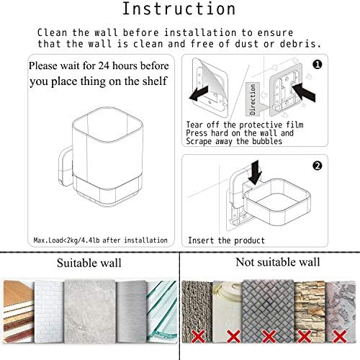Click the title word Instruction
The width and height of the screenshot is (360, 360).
(x=179, y=9)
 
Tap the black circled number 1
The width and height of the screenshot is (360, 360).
(x=318, y=65)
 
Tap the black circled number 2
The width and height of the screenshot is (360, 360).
(x=318, y=166)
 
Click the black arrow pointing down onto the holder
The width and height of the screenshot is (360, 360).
(x=255, y=173)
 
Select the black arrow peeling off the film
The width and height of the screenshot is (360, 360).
(x=199, y=94)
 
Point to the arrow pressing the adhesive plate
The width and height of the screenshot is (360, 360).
(x=303, y=93)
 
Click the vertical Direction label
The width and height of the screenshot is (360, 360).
(x=252, y=99)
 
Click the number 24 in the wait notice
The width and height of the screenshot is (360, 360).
(x=104, y=66)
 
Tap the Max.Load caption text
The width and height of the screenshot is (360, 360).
(x=101, y=240)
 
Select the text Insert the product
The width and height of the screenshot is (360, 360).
(x=226, y=240)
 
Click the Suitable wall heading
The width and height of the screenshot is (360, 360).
(x=89, y=263)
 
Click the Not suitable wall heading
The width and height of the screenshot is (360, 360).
(x=278, y=262)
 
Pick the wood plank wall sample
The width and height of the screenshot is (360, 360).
(x=19, y=311)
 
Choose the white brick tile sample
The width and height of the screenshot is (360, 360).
(x=49, y=312)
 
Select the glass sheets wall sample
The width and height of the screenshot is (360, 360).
(x=162, y=311)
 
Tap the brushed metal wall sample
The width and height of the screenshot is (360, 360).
(x=131, y=311)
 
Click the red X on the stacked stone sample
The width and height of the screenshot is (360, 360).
(x=304, y=336)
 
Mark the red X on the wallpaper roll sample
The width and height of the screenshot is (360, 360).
(x=233, y=336)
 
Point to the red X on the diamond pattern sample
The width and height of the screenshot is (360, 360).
(x=269, y=336)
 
